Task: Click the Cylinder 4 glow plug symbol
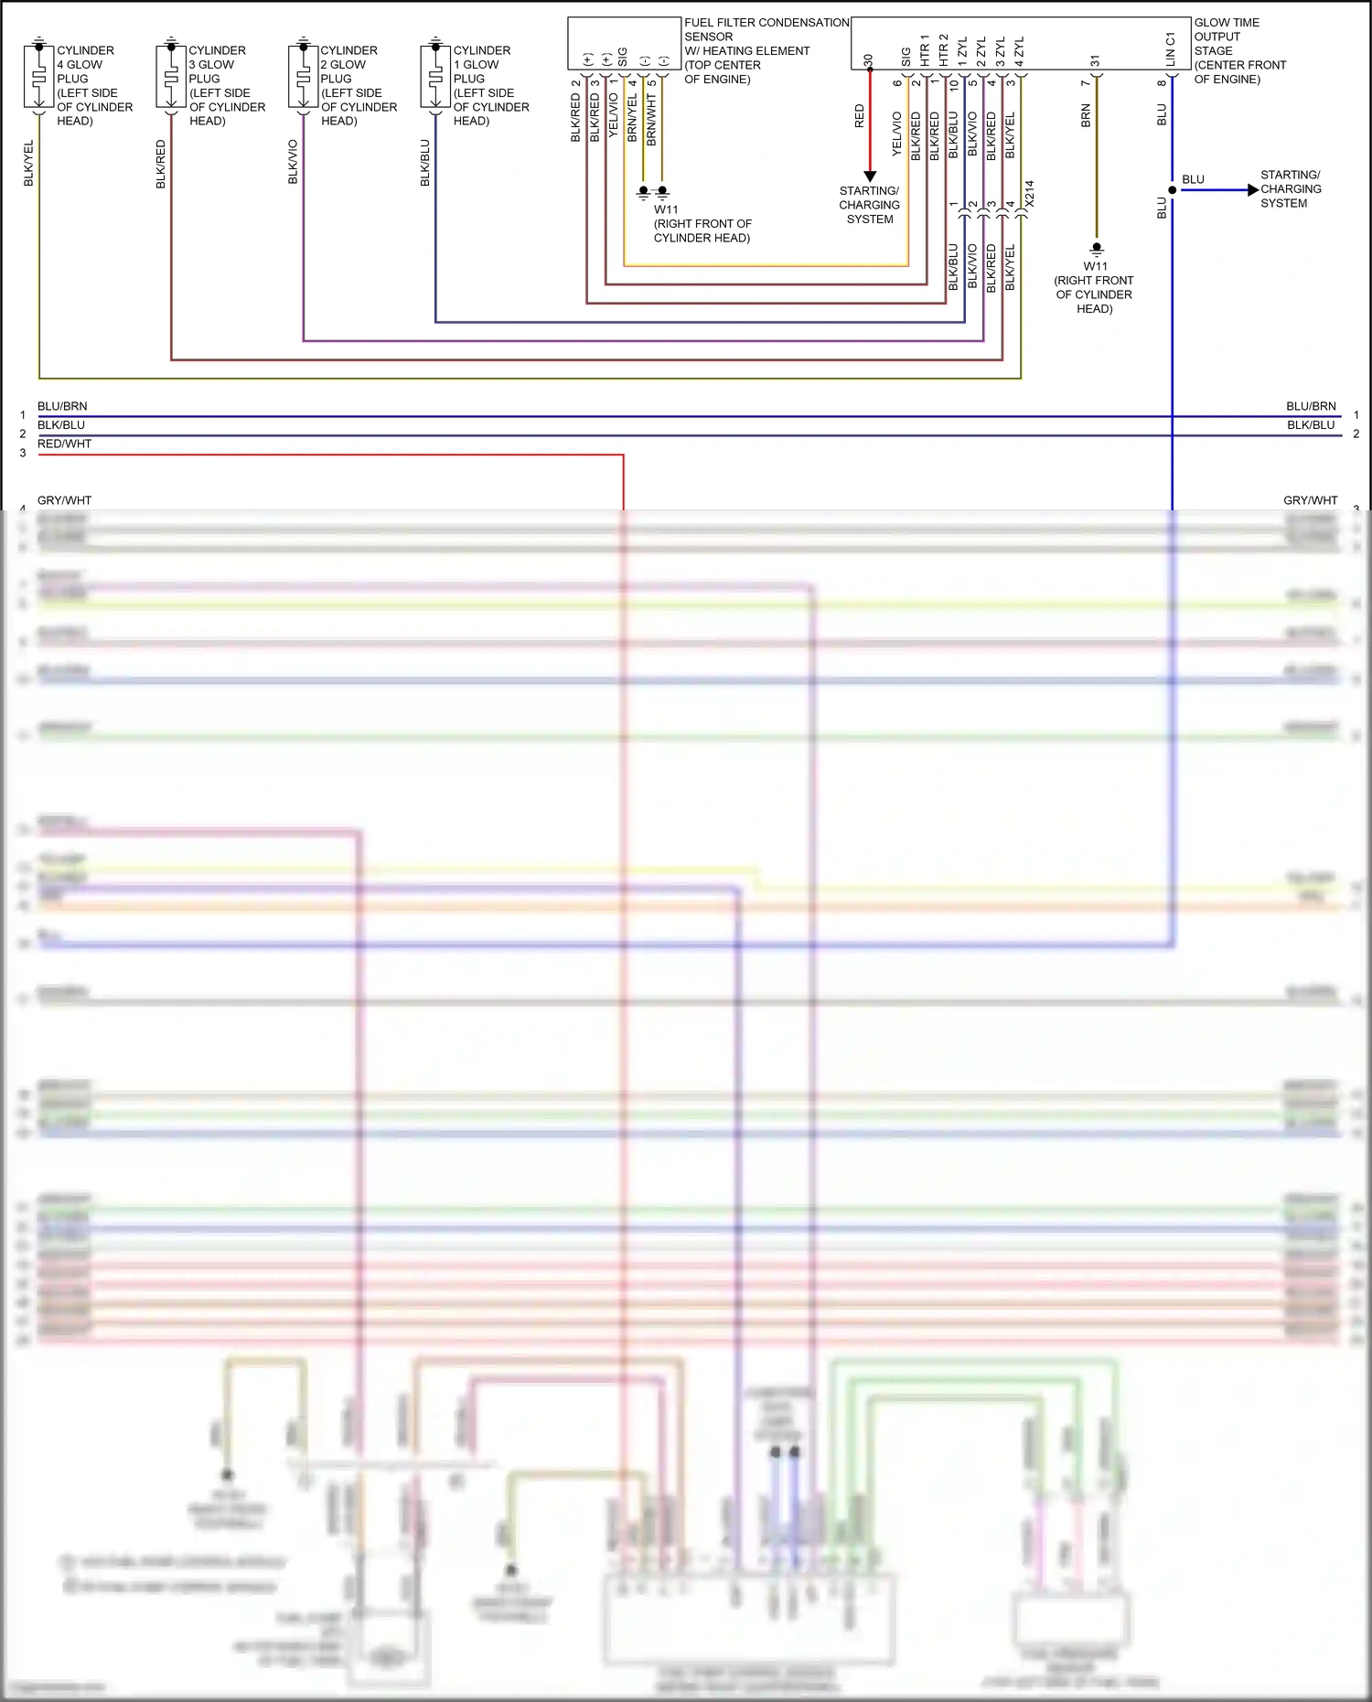38,78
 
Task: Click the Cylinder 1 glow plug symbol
435,78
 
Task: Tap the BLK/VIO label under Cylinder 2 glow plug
293,162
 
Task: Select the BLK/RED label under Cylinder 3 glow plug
161,165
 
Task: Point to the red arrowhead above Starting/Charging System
870,177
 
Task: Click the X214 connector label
1029,194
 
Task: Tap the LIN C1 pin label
1170,49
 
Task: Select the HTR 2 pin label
943,50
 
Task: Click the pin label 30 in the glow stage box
868,61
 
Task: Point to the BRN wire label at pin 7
1086,115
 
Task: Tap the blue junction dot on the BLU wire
1173,190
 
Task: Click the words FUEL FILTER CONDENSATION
766,23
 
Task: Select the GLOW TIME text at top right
1227,23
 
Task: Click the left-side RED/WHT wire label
64,444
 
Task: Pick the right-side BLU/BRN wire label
1311,406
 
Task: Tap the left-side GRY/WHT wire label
64,500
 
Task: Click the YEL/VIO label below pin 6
897,134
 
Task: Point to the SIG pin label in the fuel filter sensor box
623,57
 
